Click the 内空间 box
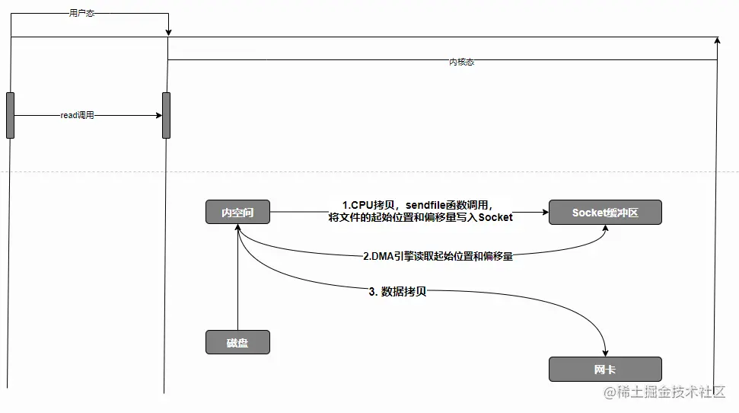237,213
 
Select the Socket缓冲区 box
605,213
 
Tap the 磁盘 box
237,342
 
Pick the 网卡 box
605,370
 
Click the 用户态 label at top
81,13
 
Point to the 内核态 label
461,62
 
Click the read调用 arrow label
77,116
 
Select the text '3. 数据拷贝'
397,291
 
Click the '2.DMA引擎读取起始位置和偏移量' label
438,256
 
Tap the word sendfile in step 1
431,206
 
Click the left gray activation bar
10,115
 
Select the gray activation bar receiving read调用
166,115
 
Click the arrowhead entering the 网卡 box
605,353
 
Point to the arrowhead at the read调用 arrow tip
158,116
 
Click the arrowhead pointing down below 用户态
168,32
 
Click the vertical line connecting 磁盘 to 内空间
237,282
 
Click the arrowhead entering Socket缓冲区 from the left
544,213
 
